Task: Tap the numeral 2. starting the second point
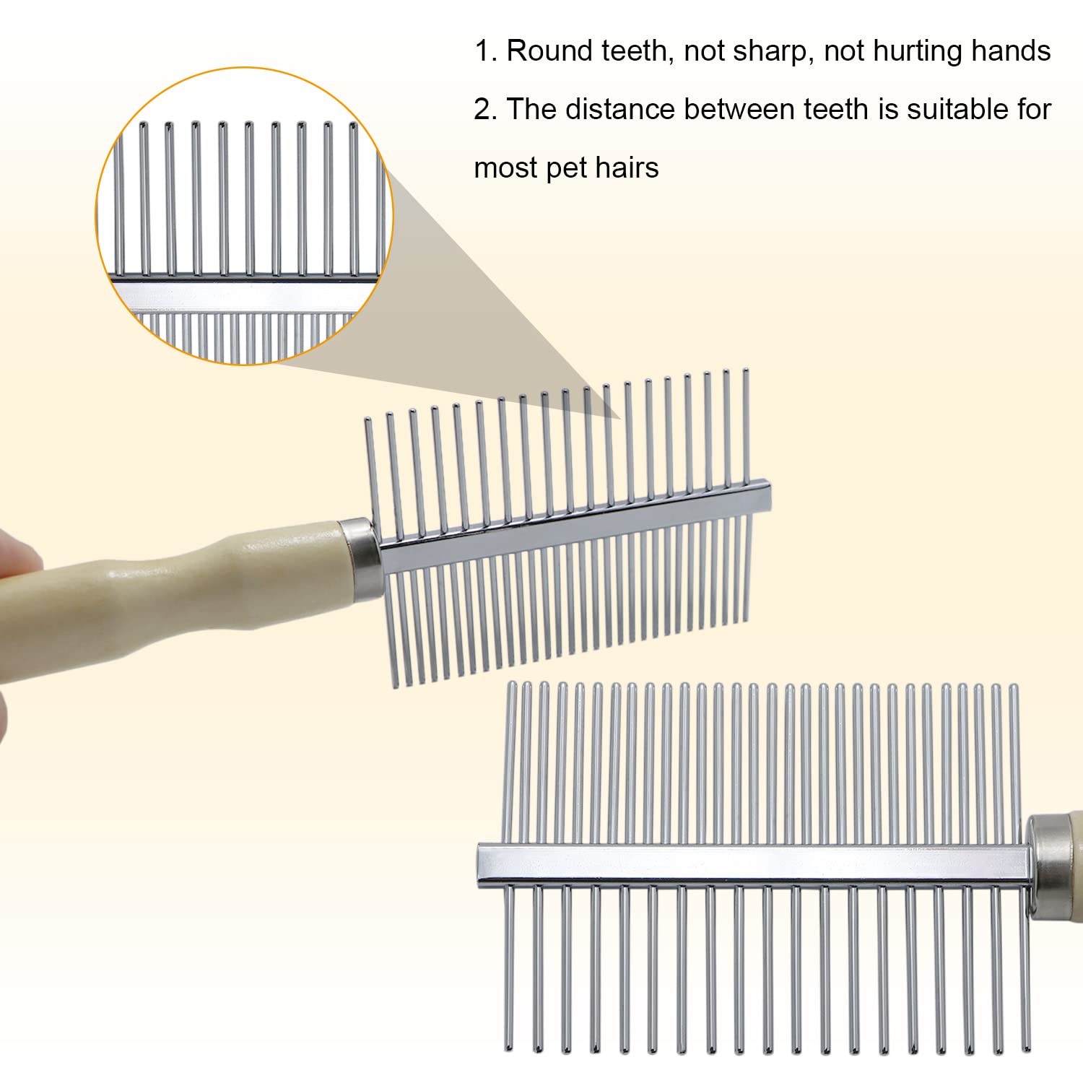[x=486, y=109]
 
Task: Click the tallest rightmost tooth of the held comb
[x=746, y=426]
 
